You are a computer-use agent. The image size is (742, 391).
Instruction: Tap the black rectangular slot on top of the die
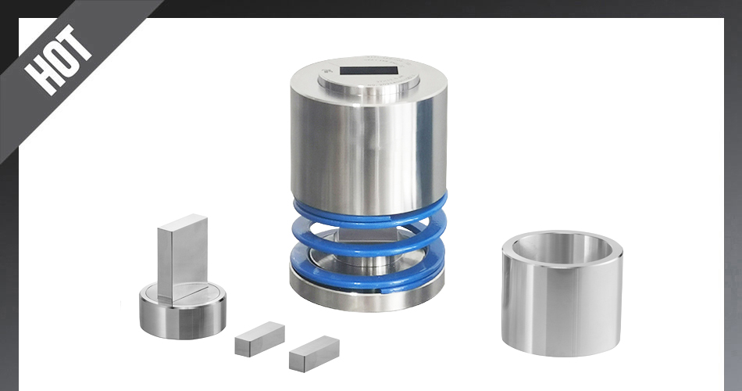(x=369, y=70)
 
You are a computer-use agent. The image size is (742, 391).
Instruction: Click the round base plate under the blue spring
(x=367, y=295)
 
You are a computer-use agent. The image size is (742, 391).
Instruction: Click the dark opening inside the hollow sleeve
(x=562, y=249)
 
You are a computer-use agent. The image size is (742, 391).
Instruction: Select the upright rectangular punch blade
(x=183, y=258)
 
